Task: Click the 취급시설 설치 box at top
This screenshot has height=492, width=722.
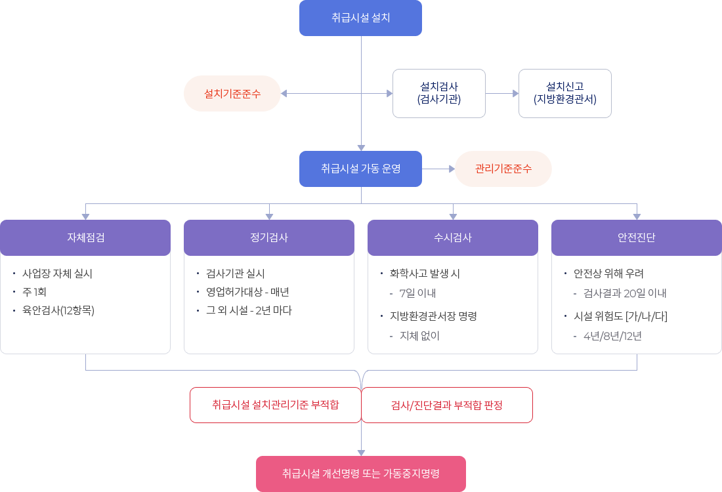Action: coord(360,18)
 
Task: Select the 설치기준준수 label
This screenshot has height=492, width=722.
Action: coord(232,93)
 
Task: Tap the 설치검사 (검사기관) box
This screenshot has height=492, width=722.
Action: coord(438,93)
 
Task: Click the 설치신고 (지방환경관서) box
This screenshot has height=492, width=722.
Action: coord(564,93)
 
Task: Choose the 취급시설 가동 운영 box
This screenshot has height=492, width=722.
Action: coord(360,169)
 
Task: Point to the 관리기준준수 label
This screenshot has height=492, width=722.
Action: coord(503,169)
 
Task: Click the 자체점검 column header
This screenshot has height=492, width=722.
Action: coord(85,237)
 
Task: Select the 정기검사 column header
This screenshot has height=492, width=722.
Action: coord(269,237)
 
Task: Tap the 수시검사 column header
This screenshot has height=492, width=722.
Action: coord(453,237)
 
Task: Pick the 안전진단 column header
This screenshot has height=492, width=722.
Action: coord(636,237)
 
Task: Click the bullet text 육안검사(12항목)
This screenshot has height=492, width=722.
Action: coord(58,310)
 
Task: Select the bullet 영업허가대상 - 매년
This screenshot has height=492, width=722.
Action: coord(247,292)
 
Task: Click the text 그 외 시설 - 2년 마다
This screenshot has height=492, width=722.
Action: coord(249,310)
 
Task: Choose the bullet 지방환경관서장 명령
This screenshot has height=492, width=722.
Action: coord(433,316)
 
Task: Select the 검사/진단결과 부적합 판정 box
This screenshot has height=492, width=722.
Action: coord(446,405)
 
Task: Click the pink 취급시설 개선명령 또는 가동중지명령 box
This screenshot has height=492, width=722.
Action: coord(360,473)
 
